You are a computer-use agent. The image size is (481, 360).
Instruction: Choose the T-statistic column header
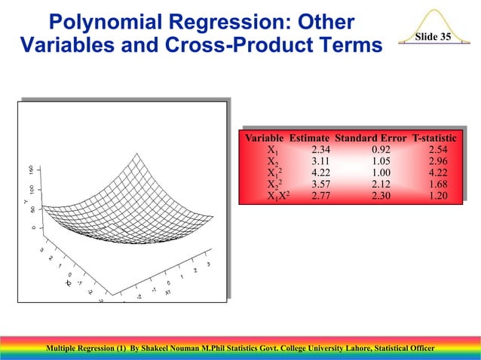(434, 139)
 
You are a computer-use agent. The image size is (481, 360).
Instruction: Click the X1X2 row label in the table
(280, 196)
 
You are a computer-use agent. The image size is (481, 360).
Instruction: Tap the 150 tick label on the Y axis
(30, 170)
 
